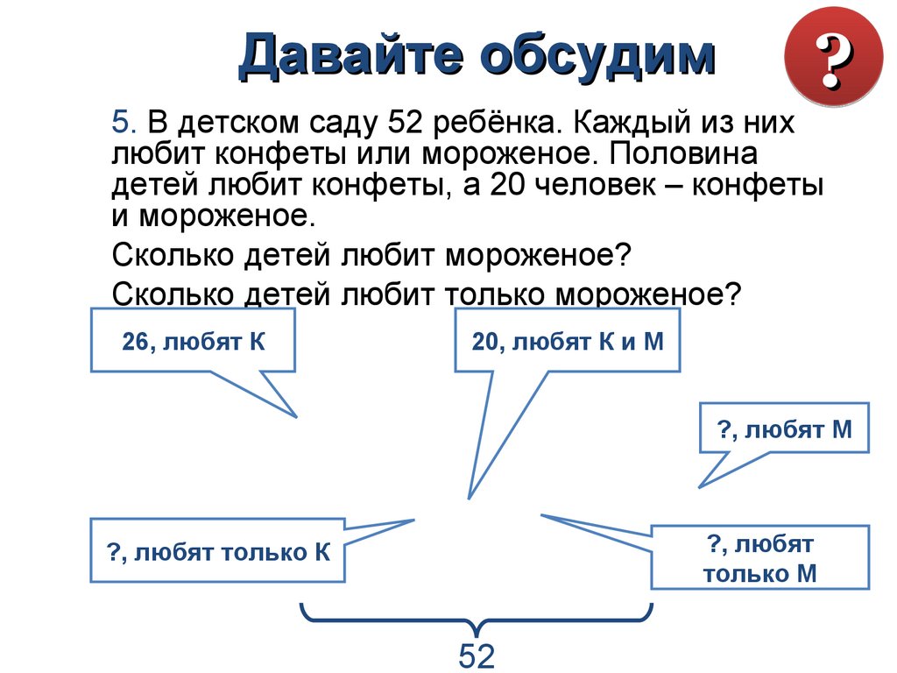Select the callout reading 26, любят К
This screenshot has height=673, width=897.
tap(193, 341)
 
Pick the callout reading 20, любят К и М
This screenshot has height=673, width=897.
tap(567, 341)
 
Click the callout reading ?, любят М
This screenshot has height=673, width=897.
tap(784, 429)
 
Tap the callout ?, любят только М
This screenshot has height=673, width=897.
tap(759, 559)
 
